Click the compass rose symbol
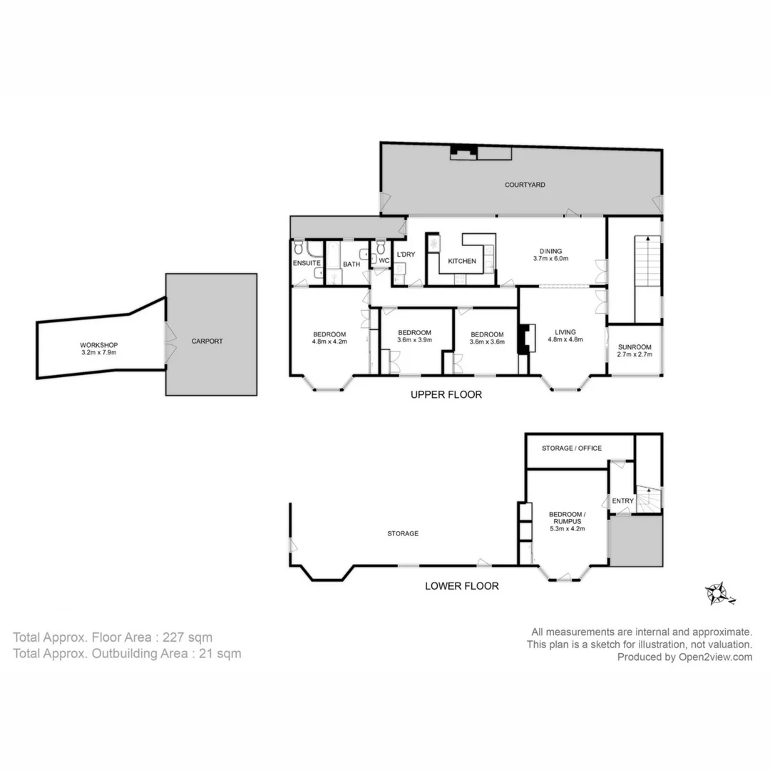click(717, 593)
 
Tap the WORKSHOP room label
click(98, 345)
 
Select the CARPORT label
click(207, 342)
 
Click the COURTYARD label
click(525, 185)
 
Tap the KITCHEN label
click(462, 262)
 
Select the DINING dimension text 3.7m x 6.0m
click(550, 259)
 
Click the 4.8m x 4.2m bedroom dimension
click(329, 342)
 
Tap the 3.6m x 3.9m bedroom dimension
click(414, 340)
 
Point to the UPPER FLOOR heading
click(446, 394)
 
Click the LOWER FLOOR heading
click(461, 586)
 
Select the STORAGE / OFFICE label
click(571, 448)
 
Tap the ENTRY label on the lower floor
click(622, 501)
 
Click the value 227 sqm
click(188, 637)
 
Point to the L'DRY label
click(405, 255)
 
